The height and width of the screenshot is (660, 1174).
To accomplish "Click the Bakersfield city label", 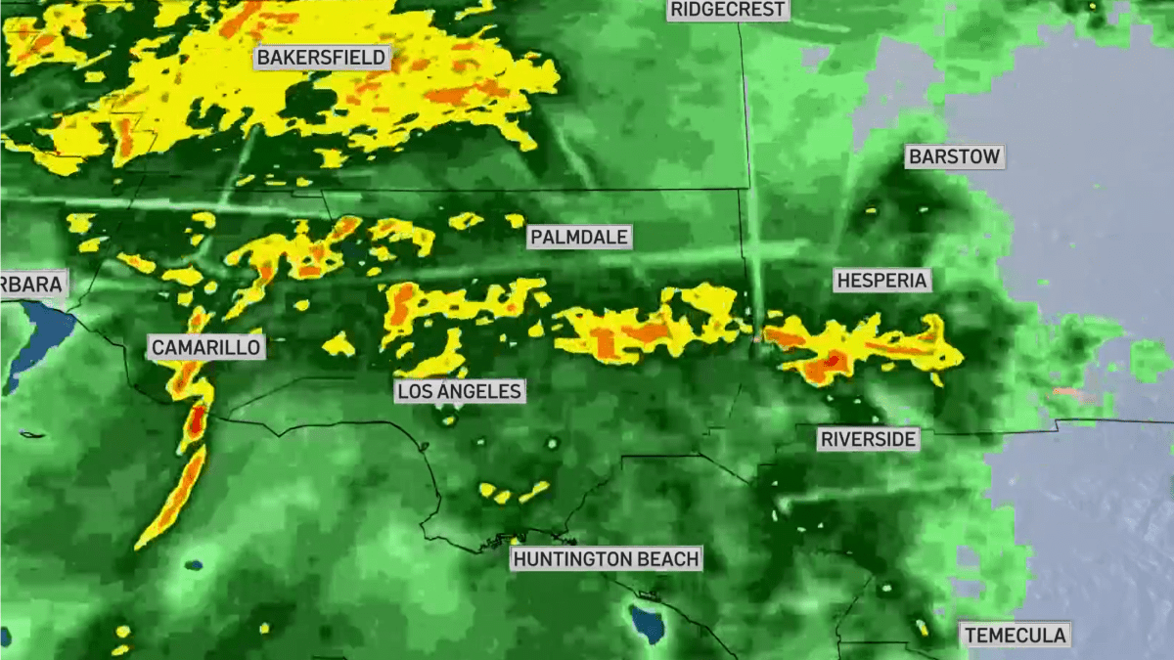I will click(x=322, y=58).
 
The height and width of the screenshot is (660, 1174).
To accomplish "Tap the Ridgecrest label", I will click(x=728, y=10).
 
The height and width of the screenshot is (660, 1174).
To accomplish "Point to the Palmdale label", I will click(x=579, y=237).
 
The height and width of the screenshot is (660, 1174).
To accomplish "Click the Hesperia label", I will click(x=881, y=281).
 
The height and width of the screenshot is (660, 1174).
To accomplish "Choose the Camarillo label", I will click(x=205, y=347).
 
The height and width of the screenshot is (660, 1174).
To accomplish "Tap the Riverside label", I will click(x=869, y=439).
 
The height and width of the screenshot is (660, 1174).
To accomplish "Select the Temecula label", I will click(x=1015, y=635).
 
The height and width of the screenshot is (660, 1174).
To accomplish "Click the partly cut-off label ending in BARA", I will click(x=32, y=285).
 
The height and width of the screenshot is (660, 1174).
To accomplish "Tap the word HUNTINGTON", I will click(x=572, y=559).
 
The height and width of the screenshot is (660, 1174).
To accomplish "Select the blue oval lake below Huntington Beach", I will click(x=647, y=624).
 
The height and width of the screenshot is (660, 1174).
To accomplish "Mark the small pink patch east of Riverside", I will click(x=1067, y=392).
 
